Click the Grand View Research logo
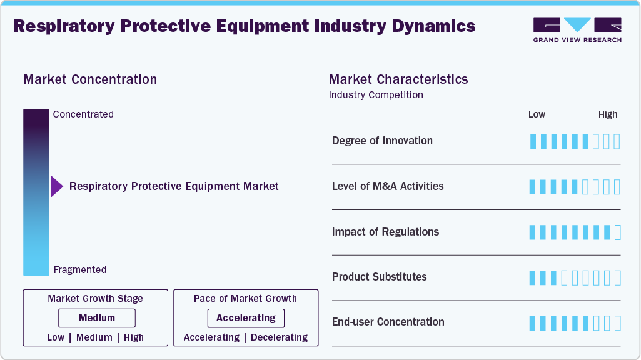coord(577,29)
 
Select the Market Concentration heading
coord(90,79)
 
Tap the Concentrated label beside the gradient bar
coord(83,114)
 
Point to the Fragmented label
coord(80,270)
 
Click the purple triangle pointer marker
coord(56,186)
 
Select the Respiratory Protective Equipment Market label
coord(174,186)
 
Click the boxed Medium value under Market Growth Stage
coord(96,318)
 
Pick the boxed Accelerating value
coord(246,318)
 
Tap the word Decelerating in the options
coord(279,337)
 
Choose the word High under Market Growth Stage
coord(134,337)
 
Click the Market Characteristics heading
coord(398,79)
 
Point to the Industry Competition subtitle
coord(376,95)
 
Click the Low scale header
coord(537,114)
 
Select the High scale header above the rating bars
coord(608,114)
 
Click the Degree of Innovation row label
coord(382,141)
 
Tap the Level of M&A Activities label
coord(388,186)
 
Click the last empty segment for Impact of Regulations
coord(618,232)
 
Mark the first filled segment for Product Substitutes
coord(533,277)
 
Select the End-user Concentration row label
coord(388,322)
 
